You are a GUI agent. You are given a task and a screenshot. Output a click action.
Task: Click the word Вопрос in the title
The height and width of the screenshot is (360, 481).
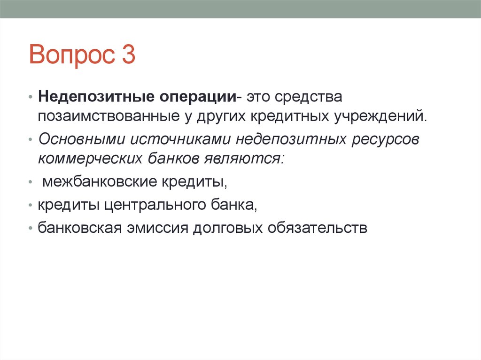[x=70, y=55]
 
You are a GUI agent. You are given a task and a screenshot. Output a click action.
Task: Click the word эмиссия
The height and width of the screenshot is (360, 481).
[x=157, y=229]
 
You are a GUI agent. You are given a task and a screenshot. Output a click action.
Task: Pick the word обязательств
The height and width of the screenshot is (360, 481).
[x=317, y=229]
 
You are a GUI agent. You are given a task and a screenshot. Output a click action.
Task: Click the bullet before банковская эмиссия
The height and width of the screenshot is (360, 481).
[x=31, y=229]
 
